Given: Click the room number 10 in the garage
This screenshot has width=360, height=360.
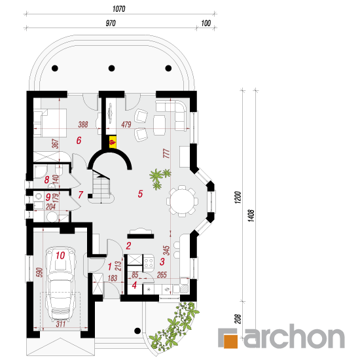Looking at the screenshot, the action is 60,255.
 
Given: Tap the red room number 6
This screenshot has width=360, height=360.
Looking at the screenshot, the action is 79,140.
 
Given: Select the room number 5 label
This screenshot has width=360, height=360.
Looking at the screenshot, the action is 140,194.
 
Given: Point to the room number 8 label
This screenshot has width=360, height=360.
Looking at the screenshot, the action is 46,179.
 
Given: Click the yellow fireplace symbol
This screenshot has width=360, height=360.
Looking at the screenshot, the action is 113,142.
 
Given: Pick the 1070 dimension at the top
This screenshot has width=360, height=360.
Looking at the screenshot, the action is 119,9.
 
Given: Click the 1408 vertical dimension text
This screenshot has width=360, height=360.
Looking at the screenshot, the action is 251,215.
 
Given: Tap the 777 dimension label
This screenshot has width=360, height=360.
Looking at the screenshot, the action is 166,153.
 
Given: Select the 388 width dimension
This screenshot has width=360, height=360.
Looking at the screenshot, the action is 83,124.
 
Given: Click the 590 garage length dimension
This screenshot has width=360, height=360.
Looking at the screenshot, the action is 39,272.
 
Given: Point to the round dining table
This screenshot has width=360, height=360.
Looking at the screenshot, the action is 183,202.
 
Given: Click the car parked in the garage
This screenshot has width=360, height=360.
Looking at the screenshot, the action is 61,284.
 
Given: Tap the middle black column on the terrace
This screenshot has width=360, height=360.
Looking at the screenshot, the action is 111,68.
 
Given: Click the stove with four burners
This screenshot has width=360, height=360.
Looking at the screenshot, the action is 149,262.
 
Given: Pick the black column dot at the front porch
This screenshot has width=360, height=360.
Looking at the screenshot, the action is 137,331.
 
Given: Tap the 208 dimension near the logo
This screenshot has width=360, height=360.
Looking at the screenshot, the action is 238,319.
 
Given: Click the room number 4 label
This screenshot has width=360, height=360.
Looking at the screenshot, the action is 134,285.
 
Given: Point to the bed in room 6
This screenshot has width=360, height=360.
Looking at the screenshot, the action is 50,123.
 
